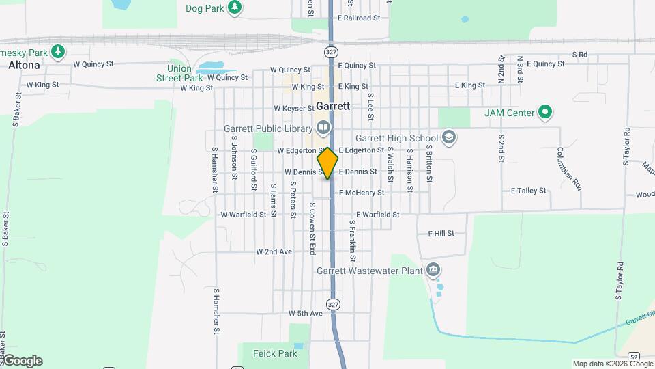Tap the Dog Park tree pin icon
pos(235,8)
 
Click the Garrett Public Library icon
pos(323,128)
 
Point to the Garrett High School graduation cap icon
pos(449,138)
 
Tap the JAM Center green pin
pos(544,113)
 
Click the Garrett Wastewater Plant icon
pos(433,271)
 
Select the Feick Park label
pos(275,353)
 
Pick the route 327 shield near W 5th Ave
pos(332,303)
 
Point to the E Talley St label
pos(529,191)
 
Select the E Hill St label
pos(441,234)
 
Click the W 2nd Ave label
pos(274,251)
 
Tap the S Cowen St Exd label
pos(312,228)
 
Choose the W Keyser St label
pos(293,108)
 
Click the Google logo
pos(23,361)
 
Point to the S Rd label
pos(580,54)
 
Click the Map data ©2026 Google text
pos(612,364)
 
